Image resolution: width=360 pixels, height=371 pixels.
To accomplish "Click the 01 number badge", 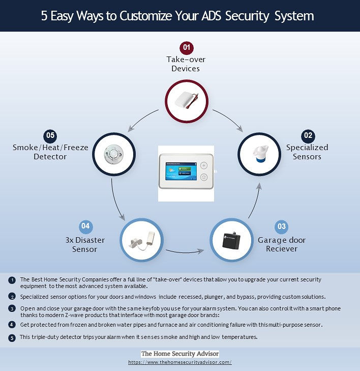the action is click(187, 47).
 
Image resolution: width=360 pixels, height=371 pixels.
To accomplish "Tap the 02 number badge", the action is click(308, 136).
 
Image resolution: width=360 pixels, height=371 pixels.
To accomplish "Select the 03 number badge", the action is click(281, 226).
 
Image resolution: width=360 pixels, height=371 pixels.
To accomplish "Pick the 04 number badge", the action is click(85, 226).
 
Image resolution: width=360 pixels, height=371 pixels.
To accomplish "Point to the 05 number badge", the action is click(50, 136).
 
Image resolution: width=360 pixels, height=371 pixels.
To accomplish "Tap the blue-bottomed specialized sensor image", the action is click(260, 154).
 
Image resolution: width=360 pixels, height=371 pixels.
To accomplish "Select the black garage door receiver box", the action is click(231, 240).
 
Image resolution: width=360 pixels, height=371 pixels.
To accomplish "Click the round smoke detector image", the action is click(114, 154).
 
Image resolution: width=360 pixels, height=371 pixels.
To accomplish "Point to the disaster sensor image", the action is click(142, 240).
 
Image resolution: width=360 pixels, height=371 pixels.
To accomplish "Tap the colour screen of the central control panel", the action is click(181, 171).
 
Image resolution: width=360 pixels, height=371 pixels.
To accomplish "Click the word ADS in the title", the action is click(211, 16).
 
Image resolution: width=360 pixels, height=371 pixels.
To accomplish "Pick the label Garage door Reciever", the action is click(282, 244).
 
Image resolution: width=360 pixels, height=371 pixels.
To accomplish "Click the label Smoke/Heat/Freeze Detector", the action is click(50, 152).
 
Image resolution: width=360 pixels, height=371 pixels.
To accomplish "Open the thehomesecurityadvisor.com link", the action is click(180, 362).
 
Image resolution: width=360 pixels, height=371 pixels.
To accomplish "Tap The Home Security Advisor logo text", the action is click(180, 354).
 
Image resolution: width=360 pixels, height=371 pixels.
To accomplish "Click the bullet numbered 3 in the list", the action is click(12, 308).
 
